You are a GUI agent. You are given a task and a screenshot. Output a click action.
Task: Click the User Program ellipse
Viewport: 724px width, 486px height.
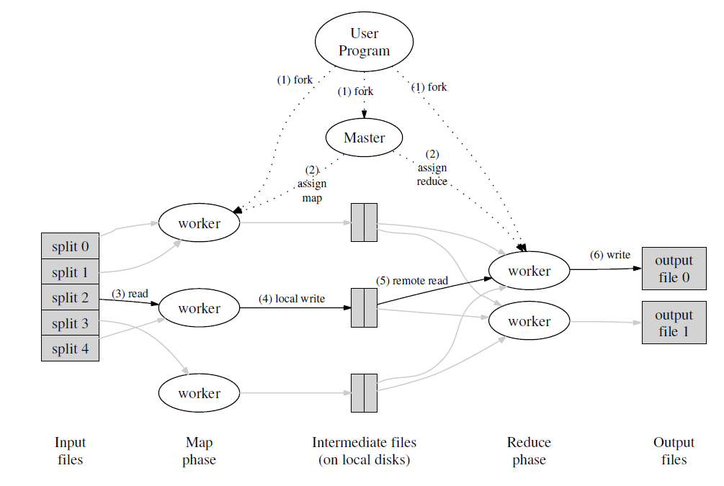[364, 42]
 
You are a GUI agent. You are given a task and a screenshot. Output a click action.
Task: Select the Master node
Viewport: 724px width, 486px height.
[364, 138]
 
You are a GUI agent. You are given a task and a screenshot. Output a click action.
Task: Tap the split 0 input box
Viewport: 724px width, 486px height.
[70, 246]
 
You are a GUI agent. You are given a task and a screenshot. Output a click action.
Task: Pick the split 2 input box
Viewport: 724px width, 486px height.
[70, 297]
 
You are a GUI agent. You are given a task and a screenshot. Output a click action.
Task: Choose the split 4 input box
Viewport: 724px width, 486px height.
[70, 348]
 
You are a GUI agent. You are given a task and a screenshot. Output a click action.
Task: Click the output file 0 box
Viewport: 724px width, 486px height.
[674, 269]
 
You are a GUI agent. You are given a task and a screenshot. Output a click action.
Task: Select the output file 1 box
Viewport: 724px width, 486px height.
[674, 323]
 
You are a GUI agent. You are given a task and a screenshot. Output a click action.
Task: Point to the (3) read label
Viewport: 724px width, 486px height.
[130, 294]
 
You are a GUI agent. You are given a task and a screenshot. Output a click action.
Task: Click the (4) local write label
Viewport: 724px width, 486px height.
[291, 299]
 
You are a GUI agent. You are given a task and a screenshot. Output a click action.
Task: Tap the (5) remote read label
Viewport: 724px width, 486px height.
[412, 281]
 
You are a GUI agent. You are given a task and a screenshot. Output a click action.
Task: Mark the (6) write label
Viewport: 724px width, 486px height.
[610, 255]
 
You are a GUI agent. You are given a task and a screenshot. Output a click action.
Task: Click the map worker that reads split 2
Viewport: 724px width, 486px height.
[199, 308]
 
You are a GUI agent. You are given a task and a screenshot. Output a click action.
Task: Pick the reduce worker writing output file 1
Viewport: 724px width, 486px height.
[529, 321]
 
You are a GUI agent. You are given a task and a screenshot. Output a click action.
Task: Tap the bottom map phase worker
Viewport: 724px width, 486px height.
[199, 393]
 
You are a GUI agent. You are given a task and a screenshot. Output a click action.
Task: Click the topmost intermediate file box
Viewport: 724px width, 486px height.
[364, 222]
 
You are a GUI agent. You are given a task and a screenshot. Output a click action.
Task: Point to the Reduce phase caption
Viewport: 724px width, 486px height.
[529, 451]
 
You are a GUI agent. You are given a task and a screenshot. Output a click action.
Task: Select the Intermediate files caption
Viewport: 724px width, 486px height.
[364, 451]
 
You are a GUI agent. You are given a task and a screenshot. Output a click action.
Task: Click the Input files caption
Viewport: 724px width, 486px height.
[70, 451]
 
